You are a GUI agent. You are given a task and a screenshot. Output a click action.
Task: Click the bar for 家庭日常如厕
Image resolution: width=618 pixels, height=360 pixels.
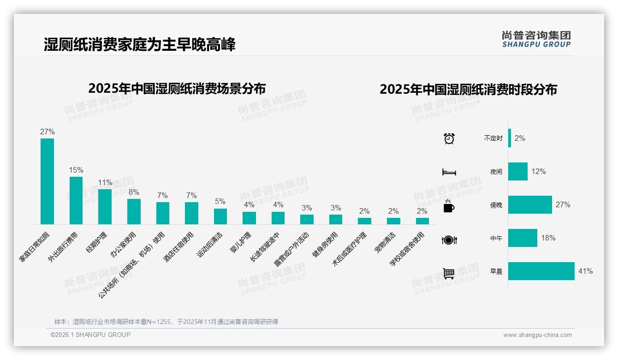point(47,181)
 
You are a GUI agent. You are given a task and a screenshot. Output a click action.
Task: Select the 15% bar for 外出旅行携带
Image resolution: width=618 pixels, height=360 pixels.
point(76,200)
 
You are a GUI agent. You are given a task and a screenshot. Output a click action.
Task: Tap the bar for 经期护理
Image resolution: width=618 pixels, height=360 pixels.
point(105,206)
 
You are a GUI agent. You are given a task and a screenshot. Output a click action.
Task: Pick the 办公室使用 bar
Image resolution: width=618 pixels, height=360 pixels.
point(134,211)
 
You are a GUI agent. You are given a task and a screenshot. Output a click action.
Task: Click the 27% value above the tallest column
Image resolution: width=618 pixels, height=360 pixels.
point(47,132)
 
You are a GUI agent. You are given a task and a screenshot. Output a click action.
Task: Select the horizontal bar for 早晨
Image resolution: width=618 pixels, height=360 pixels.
point(541,271)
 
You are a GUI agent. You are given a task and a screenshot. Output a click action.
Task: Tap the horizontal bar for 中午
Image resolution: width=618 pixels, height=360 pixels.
point(523,238)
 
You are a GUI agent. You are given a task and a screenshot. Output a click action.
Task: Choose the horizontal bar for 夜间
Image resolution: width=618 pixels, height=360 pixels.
point(517,171)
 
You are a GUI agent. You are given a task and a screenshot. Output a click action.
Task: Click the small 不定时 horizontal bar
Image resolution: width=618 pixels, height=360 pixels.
point(510,138)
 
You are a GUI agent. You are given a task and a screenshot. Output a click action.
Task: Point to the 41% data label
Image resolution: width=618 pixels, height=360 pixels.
point(585,271)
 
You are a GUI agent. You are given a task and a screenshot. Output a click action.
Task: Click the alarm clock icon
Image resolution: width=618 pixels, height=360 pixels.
point(449,138)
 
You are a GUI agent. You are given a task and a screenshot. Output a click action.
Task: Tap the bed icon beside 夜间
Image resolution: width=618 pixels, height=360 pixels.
point(449,172)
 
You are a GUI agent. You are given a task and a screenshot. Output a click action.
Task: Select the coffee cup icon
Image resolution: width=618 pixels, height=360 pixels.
point(449,206)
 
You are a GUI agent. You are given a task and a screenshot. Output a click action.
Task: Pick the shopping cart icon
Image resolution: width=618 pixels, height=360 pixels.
point(449,273)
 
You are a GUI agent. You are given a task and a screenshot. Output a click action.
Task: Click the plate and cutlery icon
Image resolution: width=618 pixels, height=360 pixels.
point(449,240)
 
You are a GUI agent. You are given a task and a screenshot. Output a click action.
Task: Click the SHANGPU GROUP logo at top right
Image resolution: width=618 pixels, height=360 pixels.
point(536,39)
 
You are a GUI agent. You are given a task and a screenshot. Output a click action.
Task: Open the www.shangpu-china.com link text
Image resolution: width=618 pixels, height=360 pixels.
point(537,335)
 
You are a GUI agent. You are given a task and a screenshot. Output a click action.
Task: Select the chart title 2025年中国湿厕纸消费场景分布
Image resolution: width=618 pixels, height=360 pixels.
point(177,88)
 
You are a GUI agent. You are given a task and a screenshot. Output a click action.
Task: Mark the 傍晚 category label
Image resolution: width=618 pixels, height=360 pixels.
point(496,205)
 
